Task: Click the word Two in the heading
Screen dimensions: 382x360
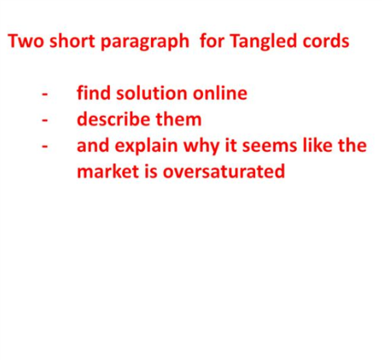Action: [25, 41]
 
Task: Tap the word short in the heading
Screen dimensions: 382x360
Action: [72, 41]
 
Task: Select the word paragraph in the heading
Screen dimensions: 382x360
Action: [145, 42]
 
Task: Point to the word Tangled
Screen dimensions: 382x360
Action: [264, 42]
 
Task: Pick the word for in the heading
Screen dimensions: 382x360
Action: [211, 41]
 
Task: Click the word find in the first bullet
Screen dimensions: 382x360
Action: [94, 93]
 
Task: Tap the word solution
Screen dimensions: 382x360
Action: [151, 93]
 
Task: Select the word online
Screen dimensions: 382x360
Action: [220, 93]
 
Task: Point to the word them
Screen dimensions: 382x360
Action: [178, 119]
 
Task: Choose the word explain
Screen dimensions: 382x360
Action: [146, 146]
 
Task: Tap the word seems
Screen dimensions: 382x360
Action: [269, 146]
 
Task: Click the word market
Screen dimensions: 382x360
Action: [108, 171]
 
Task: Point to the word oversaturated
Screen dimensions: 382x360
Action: [224, 171]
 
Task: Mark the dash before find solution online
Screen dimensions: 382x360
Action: [45, 94]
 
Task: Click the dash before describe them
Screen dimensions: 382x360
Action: [45, 120]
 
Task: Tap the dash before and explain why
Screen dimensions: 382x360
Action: [45, 146]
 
